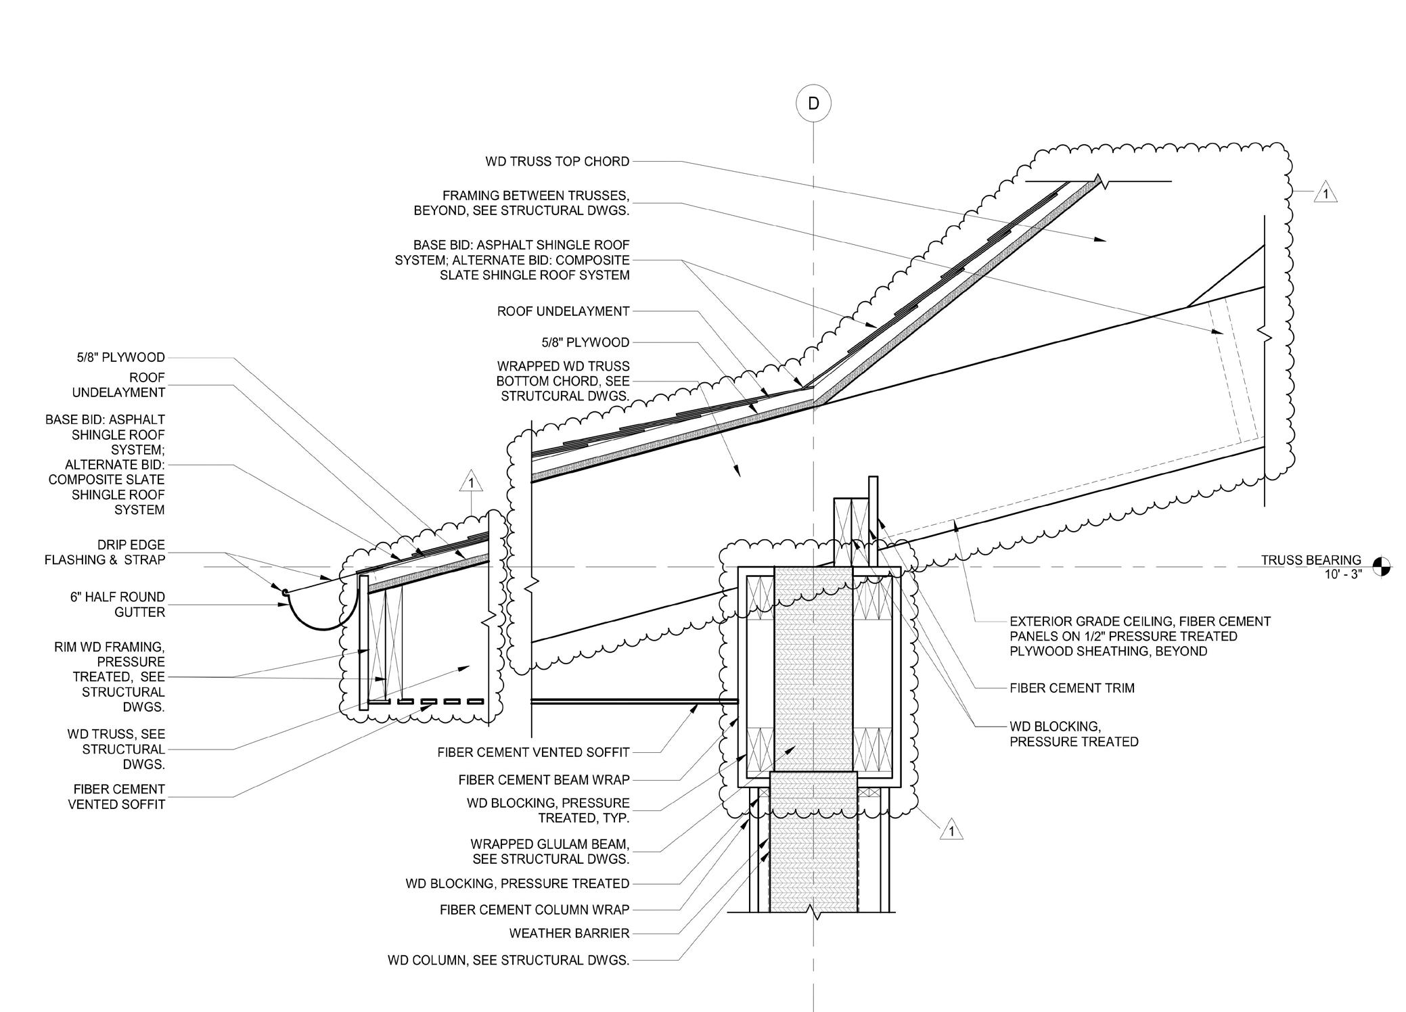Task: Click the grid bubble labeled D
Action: [x=813, y=103]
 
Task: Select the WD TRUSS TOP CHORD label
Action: [x=558, y=162]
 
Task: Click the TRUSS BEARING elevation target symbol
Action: [x=1382, y=566]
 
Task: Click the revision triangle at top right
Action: [x=1325, y=194]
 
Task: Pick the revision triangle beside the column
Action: [x=951, y=830]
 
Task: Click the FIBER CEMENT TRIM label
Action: [x=1072, y=688]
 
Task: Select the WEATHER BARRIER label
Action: [x=569, y=934]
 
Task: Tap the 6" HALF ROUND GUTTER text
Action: [x=118, y=604]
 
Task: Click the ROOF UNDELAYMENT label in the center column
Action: [x=563, y=311]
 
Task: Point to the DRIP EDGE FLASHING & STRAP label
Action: [x=105, y=552]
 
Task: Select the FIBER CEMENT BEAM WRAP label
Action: [x=544, y=780]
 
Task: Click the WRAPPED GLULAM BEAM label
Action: [x=549, y=852]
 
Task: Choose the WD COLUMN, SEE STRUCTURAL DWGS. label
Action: [x=508, y=960]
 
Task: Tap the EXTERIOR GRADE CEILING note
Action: [x=1140, y=636]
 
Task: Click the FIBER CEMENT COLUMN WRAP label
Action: [x=535, y=910]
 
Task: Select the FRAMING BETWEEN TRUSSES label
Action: [x=522, y=203]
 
